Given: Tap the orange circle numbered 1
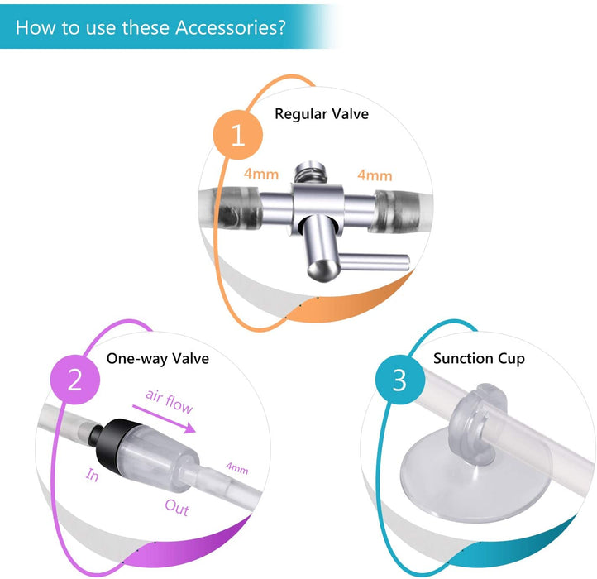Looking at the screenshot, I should pyautogui.click(x=239, y=135).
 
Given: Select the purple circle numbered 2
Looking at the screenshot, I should pyautogui.click(x=75, y=380).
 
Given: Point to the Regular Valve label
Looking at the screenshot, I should pyautogui.click(x=322, y=113).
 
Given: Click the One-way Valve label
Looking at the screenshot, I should pyautogui.click(x=158, y=358).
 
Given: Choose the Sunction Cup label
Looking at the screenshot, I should pyautogui.click(x=479, y=358).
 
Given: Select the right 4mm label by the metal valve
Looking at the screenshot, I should pyautogui.click(x=374, y=175).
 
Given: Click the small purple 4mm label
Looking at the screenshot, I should pyautogui.click(x=236, y=469).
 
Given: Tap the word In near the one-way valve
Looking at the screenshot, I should pyautogui.click(x=93, y=476).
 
